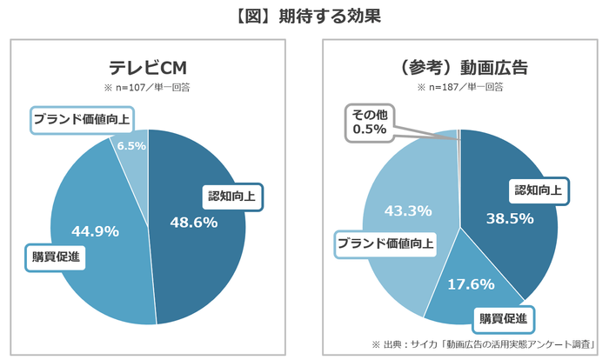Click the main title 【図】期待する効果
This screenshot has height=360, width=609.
coord(304,16)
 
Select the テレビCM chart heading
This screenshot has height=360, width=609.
coord(148,67)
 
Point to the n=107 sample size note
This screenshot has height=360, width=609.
coord(148,88)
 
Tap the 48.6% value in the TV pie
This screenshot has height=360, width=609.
coord(193,223)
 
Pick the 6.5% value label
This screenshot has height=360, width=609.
coord(131,146)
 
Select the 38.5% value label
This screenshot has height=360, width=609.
coord(509,219)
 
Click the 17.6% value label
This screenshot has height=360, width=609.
coord(470,284)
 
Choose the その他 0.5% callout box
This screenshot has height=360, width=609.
coord(370,122)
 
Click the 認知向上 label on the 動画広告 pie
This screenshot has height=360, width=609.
coord(539,190)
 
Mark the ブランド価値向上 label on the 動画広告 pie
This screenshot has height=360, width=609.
coord(385,244)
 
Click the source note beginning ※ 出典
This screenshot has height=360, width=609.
coord(489,343)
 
